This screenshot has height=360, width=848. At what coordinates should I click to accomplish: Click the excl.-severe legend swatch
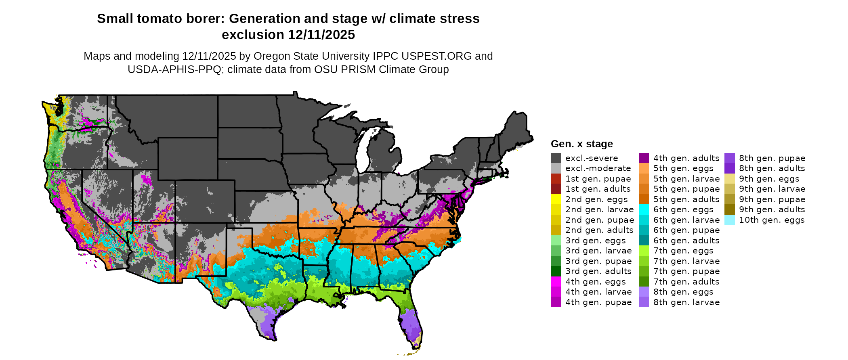556,158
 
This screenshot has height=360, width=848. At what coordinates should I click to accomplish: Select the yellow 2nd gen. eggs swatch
556,199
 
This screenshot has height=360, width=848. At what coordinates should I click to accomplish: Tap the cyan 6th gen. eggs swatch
644,209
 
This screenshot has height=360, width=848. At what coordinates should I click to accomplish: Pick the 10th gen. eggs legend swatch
729,220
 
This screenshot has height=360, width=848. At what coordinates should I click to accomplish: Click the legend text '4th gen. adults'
686,158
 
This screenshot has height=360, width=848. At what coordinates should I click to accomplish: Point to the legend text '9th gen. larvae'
772,189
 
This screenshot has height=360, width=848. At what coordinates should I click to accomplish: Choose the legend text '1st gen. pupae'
598,179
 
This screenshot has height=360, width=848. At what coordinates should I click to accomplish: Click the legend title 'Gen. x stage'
581,144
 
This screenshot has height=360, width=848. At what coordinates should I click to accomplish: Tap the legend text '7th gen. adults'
686,282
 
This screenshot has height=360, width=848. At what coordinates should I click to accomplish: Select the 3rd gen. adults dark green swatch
556,271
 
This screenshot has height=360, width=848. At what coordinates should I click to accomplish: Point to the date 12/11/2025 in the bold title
321,35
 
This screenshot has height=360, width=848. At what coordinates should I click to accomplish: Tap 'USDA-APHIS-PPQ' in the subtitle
174,69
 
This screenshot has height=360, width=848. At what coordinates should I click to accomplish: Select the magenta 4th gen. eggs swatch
556,282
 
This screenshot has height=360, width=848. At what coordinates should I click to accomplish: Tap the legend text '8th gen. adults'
772,168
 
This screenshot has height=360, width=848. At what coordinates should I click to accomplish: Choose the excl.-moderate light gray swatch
556,168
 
